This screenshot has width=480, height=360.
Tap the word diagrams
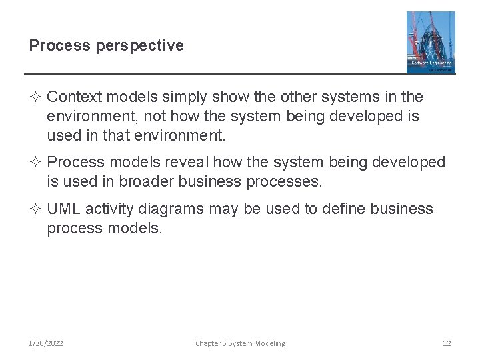(x=171, y=209)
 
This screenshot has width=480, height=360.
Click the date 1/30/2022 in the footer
(x=46, y=343)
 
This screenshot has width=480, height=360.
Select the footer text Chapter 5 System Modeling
(x=240, y=343)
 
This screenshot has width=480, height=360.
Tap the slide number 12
(x=447, y=343)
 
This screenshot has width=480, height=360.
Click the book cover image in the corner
(x=431, y=42)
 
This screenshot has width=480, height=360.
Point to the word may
(x=223, y=209)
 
